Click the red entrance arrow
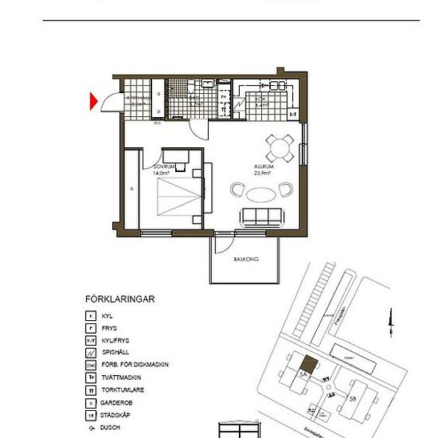pos(93,101)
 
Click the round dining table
pos(279,146)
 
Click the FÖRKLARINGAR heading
pos(119,299)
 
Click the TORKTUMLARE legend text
pos(123,389)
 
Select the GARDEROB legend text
pos(117,401)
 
